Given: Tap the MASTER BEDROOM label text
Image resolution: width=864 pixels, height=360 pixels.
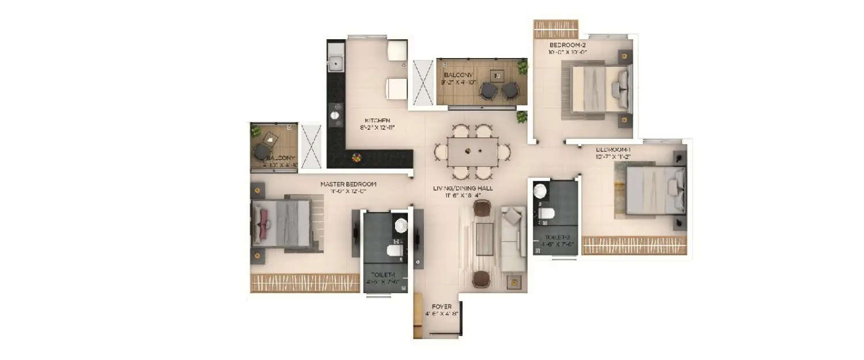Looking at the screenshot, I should [348, 184].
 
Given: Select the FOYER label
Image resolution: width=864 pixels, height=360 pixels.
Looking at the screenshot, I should [442, 306].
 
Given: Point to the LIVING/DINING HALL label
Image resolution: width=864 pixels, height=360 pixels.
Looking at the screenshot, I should [467, 188].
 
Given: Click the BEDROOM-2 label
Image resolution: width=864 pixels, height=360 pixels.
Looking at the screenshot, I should [569, 45].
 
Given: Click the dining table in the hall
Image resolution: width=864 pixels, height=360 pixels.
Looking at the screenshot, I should [472, 152].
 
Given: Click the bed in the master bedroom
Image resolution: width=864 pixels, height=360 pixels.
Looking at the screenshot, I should [282, 223].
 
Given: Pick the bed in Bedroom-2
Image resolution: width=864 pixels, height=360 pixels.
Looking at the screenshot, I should [599, 89].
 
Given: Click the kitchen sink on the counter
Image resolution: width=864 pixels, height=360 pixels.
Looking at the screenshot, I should [335, 60].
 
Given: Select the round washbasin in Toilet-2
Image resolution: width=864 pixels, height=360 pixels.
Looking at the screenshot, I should [541, 192].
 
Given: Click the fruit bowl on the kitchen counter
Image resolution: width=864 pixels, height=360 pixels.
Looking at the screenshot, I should [357, 156].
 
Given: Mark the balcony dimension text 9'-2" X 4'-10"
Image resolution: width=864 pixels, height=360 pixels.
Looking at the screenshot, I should [459, 82].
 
